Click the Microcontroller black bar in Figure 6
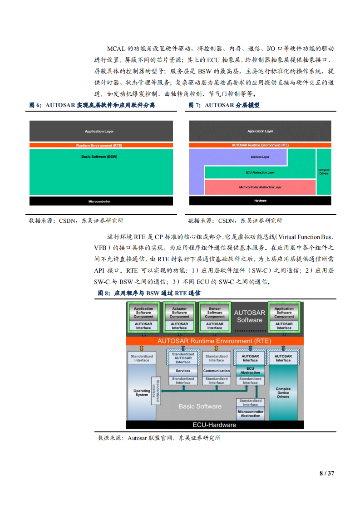tap(101, 201)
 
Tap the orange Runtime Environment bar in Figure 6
tap(101, 145)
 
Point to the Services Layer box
tap(260, 157)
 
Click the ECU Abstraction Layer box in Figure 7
tap(260, 172)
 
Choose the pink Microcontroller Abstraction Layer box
tap(260, 187)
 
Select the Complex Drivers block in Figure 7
tap(324, 172)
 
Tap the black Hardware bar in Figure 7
tap(260, 201)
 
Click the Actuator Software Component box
tap(179, 313)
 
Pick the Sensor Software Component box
tap(215, 313)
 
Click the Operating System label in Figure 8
tap(142, 392)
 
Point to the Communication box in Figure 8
tap(217, 371)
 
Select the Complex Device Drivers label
tap(283, 392)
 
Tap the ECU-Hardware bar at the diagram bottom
tap(214, 425)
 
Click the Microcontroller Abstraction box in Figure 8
tap(250, 413)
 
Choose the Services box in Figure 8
tap(183, 371)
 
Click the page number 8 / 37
tap(327, 473)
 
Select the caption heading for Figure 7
tap(224, 105)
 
